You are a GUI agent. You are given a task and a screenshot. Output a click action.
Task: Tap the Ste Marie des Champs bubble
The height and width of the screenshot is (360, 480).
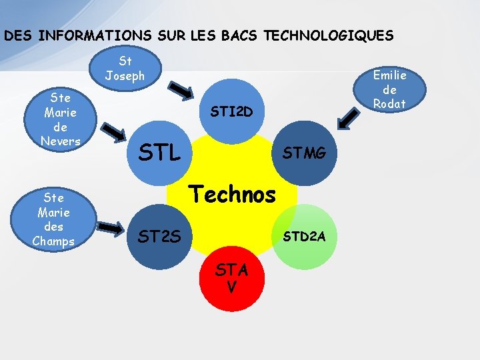(53, 219)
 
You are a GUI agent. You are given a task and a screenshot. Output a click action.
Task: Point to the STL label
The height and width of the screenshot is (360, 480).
(159, 153)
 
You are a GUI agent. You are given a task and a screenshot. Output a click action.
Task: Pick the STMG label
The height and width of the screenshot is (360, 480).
(305, 154)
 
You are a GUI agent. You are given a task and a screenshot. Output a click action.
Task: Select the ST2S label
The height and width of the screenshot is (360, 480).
(157, 235)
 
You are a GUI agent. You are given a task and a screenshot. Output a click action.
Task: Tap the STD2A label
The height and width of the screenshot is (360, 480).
(304, 235)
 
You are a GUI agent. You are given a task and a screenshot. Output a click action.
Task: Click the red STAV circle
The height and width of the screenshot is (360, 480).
(231, 279)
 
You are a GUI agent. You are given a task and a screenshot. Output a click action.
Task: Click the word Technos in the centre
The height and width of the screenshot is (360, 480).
(233, 194)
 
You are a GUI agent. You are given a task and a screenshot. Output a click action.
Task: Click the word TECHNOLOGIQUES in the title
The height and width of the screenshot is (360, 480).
(329, 35)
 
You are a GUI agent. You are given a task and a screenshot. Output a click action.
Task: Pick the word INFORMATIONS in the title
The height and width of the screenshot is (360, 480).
(84, 35)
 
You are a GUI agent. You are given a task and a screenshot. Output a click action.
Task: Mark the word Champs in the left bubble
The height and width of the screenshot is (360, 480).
(53, 241)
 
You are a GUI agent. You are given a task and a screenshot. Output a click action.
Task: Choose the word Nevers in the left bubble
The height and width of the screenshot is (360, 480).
(60, 141)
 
